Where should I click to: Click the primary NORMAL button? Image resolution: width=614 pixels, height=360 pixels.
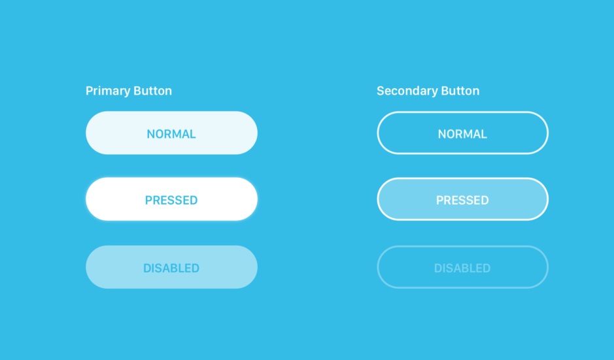171,133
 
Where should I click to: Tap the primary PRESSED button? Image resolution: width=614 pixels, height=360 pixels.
171,199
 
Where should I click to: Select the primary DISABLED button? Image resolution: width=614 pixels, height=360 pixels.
171,267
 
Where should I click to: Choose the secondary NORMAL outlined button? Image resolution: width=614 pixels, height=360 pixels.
462,133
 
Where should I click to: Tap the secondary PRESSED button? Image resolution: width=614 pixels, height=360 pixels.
462,199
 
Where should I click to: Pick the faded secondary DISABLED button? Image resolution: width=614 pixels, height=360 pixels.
462,267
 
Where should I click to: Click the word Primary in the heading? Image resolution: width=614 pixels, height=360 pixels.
108,91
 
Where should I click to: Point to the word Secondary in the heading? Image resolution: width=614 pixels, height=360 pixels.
407,91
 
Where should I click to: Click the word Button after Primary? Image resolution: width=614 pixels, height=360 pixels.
153,91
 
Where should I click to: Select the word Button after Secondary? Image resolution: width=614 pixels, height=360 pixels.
460,91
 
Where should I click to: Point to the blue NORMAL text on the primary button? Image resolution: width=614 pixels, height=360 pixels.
171,134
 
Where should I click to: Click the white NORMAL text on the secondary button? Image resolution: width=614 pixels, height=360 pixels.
462,134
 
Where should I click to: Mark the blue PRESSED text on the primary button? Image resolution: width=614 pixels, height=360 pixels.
171,201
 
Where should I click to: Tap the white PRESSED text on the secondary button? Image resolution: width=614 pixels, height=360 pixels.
462,201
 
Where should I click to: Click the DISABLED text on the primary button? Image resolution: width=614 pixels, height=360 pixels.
171,268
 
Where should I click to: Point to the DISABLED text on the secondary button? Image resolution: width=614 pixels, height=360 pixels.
462,268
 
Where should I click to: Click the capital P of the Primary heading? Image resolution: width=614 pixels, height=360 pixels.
90,91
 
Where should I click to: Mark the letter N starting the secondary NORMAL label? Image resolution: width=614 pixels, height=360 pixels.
442,134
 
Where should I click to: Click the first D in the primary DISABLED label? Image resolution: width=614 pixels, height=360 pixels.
148,268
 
